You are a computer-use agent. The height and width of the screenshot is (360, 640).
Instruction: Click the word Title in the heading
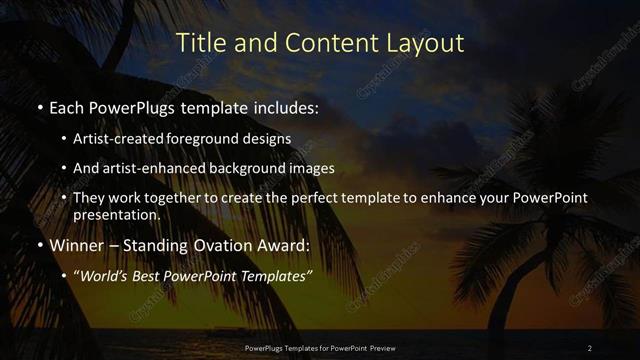[198, 43]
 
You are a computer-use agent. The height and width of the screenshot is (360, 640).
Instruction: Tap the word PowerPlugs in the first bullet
[129, 105]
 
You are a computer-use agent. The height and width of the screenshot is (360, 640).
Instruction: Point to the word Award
[283, 245]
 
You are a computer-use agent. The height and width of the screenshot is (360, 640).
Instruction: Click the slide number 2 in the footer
[590, 347]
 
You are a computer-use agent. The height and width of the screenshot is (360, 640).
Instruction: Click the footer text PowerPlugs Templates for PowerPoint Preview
[320, 347]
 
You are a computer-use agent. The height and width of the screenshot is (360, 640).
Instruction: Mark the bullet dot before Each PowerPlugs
[39, 106]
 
